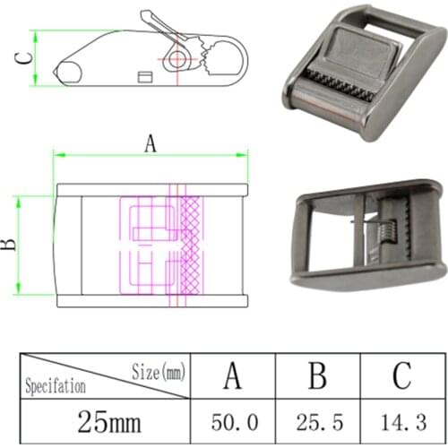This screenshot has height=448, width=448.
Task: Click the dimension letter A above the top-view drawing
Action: [150, 143]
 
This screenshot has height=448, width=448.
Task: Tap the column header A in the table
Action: [231, 375]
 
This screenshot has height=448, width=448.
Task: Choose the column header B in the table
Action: [316, 375]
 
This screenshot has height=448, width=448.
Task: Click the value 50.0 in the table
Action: [231, 419]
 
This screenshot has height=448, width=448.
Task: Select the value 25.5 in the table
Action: [316, 419]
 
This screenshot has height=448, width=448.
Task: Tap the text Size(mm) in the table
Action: [159, 368]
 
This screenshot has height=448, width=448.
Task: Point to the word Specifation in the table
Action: [56, 387]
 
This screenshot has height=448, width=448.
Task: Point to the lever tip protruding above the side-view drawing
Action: [146, 17]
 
